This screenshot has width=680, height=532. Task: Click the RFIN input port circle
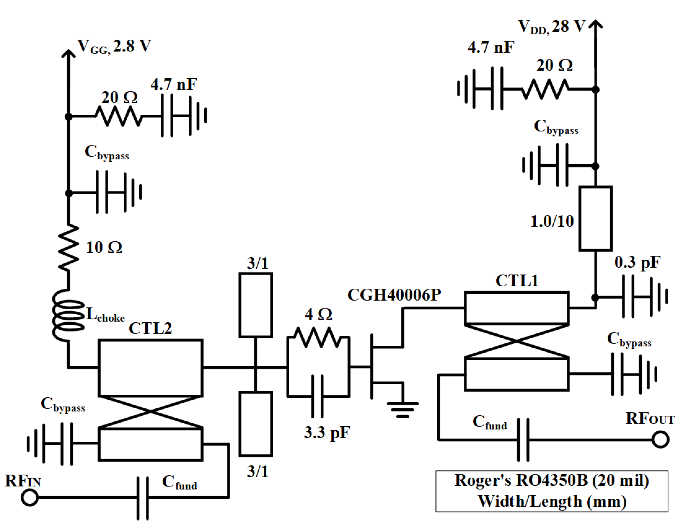[30, 497]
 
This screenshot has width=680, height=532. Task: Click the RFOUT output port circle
[660, 440]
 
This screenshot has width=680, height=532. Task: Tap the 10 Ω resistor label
[104, 248]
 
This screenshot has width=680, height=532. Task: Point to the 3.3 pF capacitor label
[327, 433]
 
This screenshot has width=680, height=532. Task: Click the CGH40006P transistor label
[394, 295]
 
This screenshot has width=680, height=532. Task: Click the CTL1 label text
[517, 281]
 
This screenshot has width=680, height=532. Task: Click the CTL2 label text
[150, 328]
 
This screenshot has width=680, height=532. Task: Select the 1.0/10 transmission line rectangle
[595, 218]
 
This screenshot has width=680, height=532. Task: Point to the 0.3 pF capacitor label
[637, 262]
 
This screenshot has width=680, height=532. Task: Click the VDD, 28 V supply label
[551, 26]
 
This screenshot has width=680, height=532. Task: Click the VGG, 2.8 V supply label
[114, 46]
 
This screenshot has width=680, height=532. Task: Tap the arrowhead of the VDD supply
[595, 24]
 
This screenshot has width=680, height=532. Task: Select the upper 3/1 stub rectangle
[255, 305]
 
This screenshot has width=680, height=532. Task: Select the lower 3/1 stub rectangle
[255, 424]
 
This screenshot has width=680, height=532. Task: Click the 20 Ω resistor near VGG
[118, 116]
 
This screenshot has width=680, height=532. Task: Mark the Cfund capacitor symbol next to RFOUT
[523, 440]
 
